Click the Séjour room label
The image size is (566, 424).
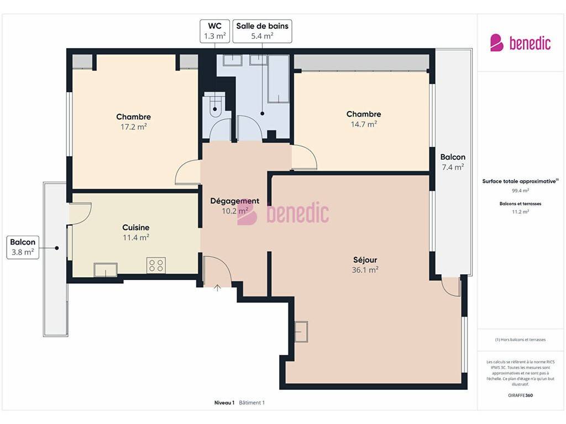365,259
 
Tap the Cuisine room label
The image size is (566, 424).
136,227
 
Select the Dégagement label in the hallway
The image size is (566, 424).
234,201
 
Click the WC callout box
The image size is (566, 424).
215,31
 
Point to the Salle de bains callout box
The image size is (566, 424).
262,31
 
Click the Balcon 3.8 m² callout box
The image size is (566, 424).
23,247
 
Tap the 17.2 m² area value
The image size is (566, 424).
134,127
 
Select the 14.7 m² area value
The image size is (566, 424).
364,124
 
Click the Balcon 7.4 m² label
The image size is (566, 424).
453,162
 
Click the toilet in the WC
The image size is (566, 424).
215,105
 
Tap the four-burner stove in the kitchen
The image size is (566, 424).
156,266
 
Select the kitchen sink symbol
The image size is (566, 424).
106,269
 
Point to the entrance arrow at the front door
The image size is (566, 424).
217,287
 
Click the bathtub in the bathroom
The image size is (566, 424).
279,78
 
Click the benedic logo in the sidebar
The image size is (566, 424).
520,43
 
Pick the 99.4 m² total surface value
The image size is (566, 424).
520,190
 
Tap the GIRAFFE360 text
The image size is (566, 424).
520,395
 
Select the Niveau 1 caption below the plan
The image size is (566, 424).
224,402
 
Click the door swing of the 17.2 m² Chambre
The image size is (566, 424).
187,172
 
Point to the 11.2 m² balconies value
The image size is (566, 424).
520,211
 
